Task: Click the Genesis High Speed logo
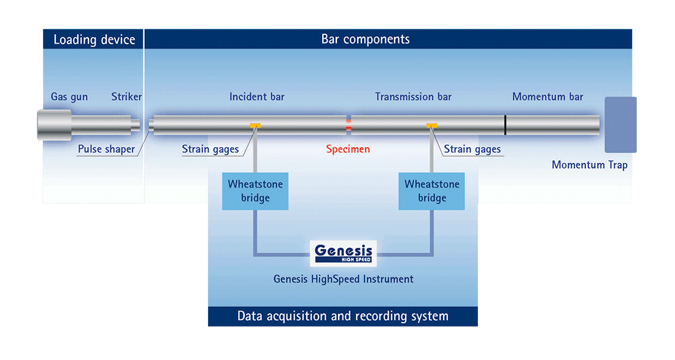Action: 343,253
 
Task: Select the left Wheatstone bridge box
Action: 255,191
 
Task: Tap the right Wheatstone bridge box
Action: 432,191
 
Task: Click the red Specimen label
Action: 348,149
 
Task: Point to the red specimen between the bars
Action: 349,125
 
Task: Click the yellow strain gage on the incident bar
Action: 255,126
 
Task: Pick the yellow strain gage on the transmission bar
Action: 432,126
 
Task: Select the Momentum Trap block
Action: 621,124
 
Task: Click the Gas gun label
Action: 69,97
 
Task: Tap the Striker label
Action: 126,97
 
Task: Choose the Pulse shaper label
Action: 106,149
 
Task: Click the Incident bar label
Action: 257,97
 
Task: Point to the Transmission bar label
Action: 413,97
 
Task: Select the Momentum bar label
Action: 547,97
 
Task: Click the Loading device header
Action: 94,40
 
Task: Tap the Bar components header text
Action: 366,39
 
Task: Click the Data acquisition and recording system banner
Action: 342,316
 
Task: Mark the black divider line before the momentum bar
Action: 506,124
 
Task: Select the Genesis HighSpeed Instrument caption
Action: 344,279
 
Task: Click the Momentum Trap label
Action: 590,165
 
